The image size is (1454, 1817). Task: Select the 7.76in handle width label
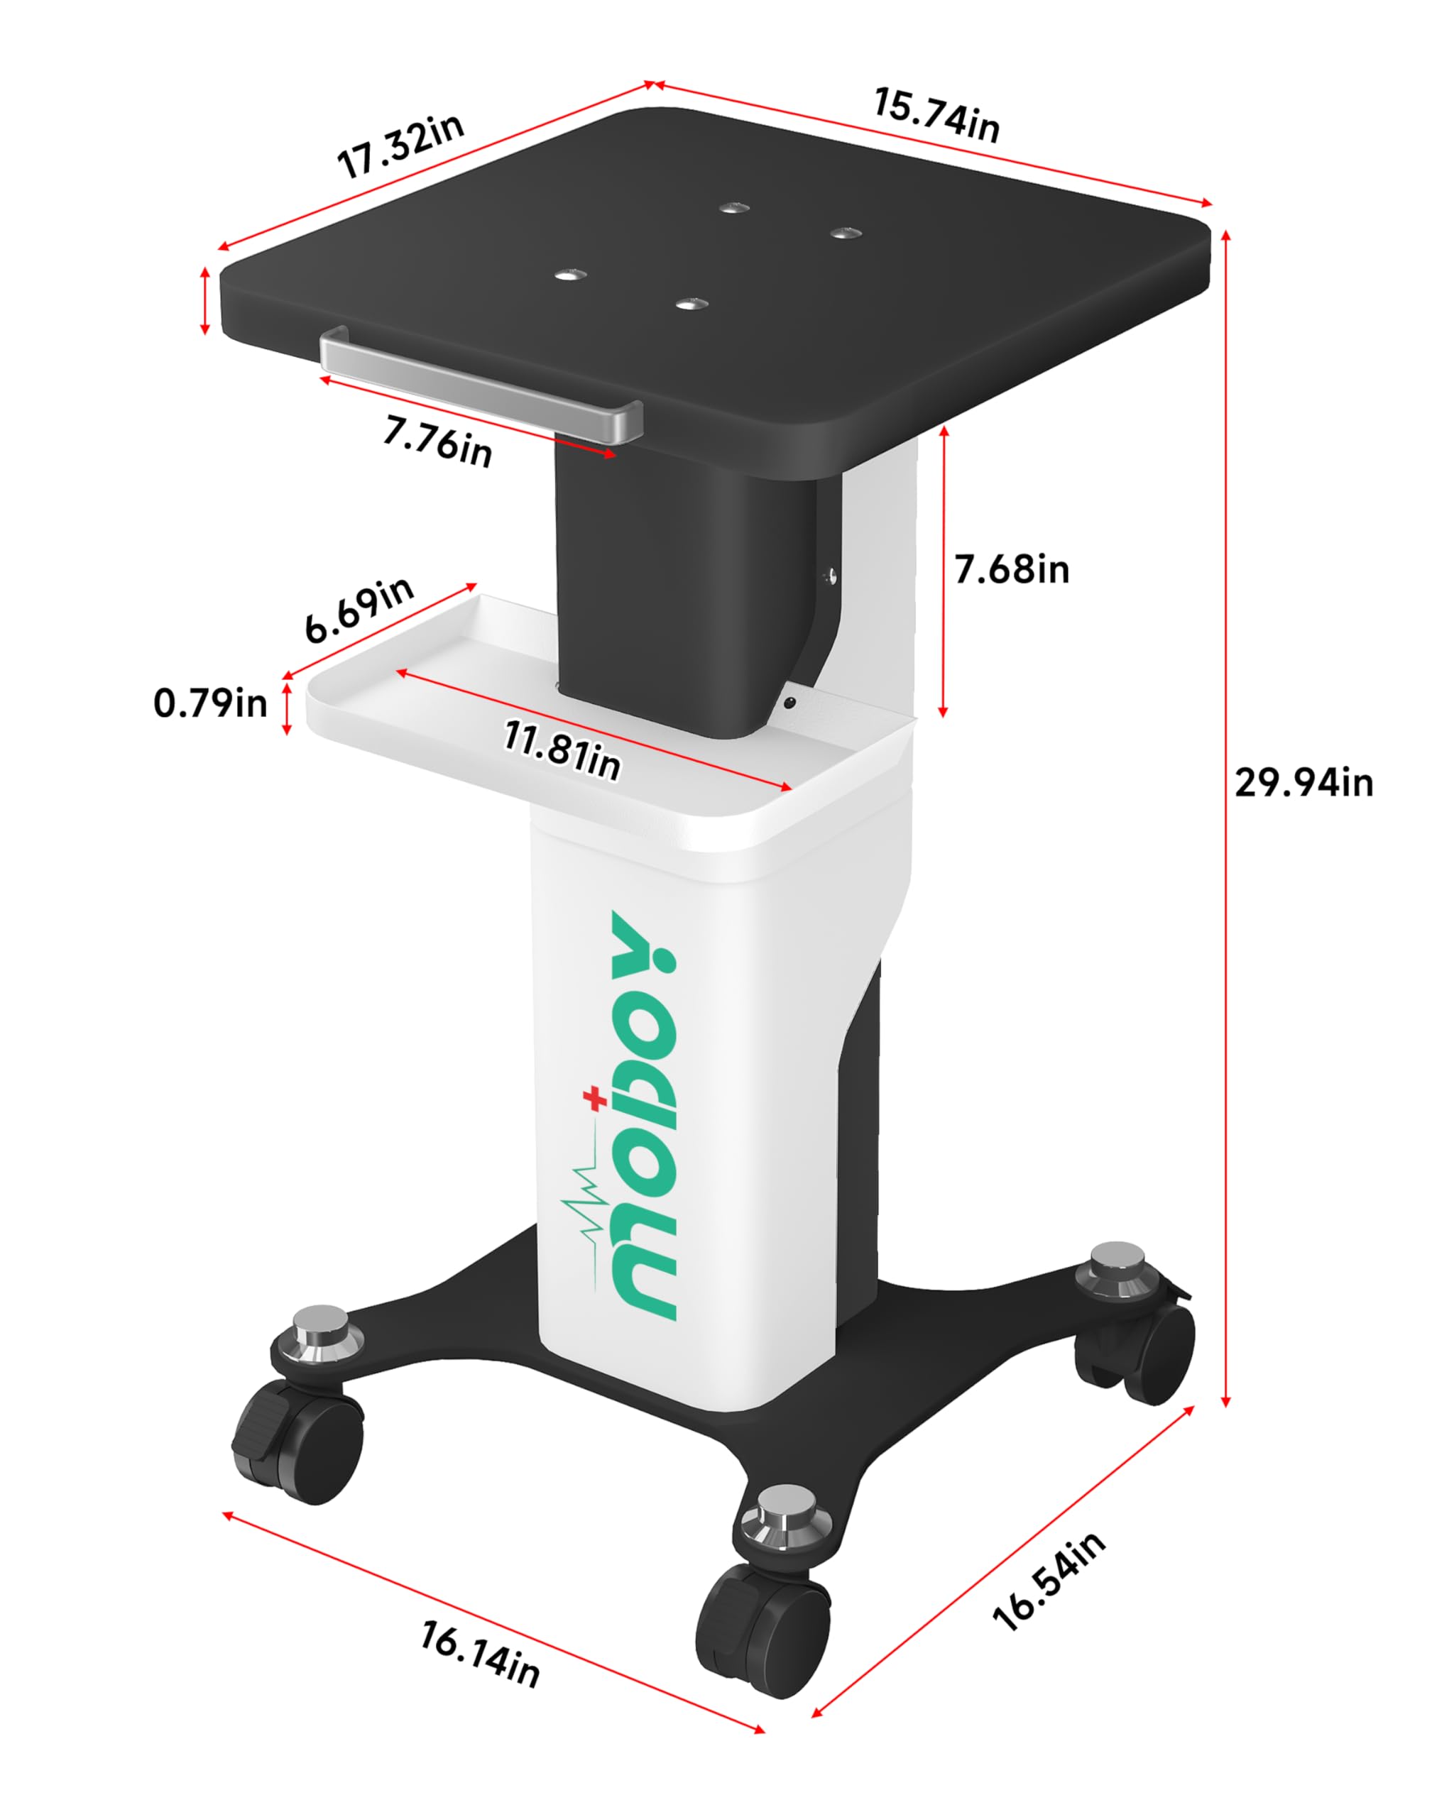(x=437, y=441)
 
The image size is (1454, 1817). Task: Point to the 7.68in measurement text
(x=1012, y=571)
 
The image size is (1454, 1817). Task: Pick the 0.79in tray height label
(x=210, y=703)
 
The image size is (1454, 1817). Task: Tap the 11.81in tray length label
(x=562, y=750)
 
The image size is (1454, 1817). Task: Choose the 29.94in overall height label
(x=1303, y=784)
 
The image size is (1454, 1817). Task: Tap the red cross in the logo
(x=595, y=1099)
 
